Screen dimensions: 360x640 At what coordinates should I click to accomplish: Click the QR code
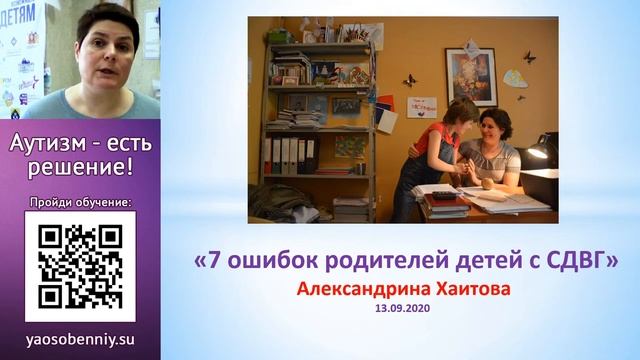pyautogui.click(x=80, y=265)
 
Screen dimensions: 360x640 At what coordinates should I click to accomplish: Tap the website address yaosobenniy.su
pyautogui.click(x=80, y=339)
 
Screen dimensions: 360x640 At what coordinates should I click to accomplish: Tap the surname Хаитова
pyautogui.click(x=460, y=289)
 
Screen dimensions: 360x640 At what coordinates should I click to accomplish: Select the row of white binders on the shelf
pyautogui.click(x=289, y=155)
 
